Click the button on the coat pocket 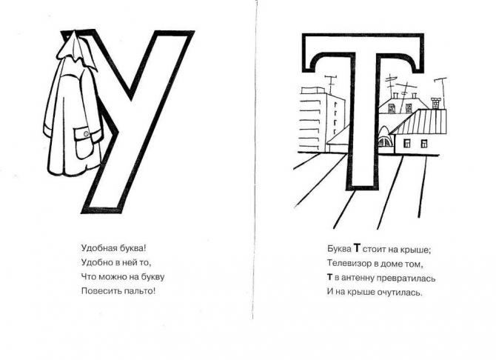tap(86, 134)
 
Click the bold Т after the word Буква tap(357, 248)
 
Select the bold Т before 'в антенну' tap(329, 277)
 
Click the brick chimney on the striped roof tap(435, 104)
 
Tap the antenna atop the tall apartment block tap(331, 84)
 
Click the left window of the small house tap(407, 144)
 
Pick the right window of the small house tap(424, 144)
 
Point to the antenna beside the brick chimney tap(442, 92)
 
